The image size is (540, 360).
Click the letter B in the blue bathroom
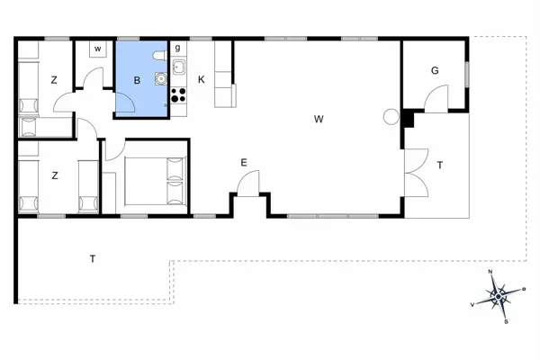tap(137, 80)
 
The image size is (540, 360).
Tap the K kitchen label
tap(202, 80)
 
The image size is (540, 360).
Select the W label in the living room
tap(319, 118)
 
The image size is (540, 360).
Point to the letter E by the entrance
tap(243, 162)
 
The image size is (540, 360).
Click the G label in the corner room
tap(435, 70)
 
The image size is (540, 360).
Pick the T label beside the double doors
tap(440, 165)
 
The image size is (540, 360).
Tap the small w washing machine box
tap(97, 49)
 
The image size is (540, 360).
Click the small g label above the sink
tap(177, 48)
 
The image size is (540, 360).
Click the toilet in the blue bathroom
tap(159, 57)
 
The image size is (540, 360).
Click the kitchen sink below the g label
tap(178, 67)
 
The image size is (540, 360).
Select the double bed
tap(154, 179)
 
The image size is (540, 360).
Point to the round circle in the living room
tap(391, 116)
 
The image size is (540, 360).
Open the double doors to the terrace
tap(416, 170)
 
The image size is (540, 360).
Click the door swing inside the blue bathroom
tap(126, 105)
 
